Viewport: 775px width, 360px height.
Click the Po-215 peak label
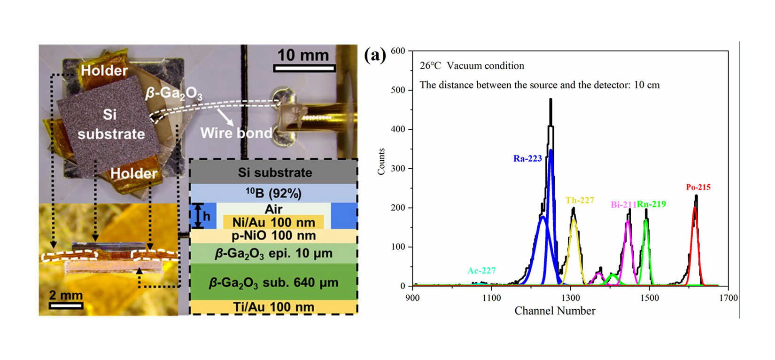click(698, 188)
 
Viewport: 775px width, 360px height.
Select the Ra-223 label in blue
click(527, 159)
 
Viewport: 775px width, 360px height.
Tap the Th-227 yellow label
click(580, 200)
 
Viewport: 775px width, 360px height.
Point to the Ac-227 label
click(481, 271)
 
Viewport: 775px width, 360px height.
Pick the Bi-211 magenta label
click(623, 204)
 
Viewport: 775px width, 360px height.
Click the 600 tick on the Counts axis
click(398, 51)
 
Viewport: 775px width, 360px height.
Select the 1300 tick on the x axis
click(571, 297)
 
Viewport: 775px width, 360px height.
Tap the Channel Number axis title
click(555, 311)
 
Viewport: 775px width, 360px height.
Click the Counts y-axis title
click(381, 162)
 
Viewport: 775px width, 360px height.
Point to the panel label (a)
click(375, 55)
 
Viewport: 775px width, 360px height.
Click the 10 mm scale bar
click(304, 69)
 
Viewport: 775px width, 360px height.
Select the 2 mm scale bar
click(66, 305)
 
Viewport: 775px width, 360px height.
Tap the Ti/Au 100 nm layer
click(273, 307)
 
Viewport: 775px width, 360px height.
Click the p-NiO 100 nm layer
click(273, 235)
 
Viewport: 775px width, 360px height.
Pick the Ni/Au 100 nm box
click(273, 222)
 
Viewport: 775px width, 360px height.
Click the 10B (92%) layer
click(273, 193)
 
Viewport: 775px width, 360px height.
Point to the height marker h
click(206, 217)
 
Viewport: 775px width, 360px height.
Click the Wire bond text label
click(236, 133)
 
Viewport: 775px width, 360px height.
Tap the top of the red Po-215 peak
click(695, 207)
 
